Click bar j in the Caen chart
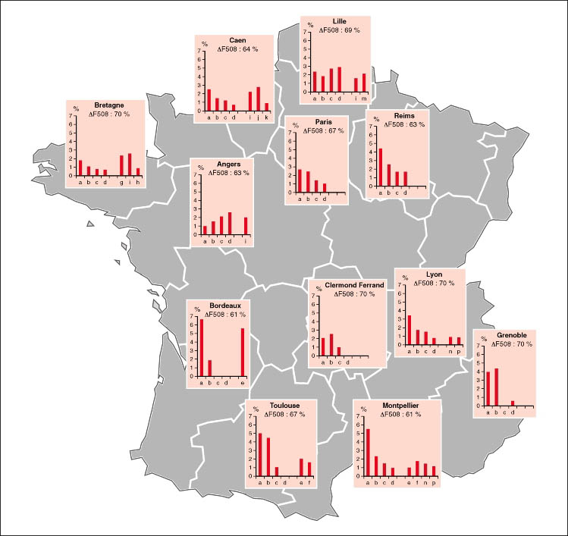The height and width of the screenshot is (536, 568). pyautogui.click(x=259, y=99)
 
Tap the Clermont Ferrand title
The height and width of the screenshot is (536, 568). pyautogui.click(x=345, y=286)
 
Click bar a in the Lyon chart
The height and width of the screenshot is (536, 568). pyautogui.click(x=410, y=329)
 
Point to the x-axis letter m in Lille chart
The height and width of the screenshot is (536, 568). pyautogui.click(x=365, y=99)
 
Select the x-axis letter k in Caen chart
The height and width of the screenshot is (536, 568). pyautogui.click(x=267, y=117)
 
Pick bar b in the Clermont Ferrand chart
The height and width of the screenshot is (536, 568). pyautogui.click(x=331, y=344)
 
